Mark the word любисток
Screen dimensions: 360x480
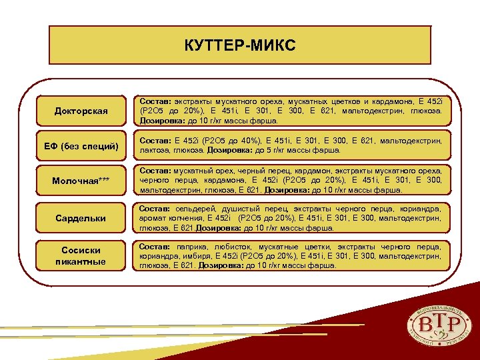pos(226,246)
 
